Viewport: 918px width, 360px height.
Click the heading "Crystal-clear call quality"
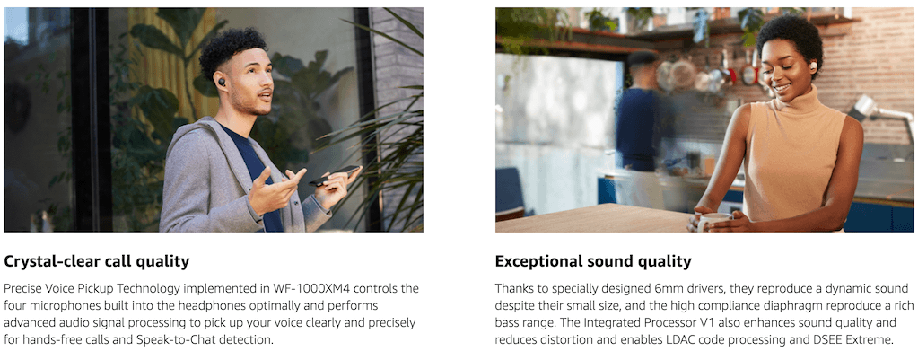click(x=97, y=261)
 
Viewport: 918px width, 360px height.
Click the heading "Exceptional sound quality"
click(x=593, y=261)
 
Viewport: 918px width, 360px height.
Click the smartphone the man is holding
click(x=335, y=175)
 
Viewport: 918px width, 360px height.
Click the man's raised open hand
click(x=275, y=191)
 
